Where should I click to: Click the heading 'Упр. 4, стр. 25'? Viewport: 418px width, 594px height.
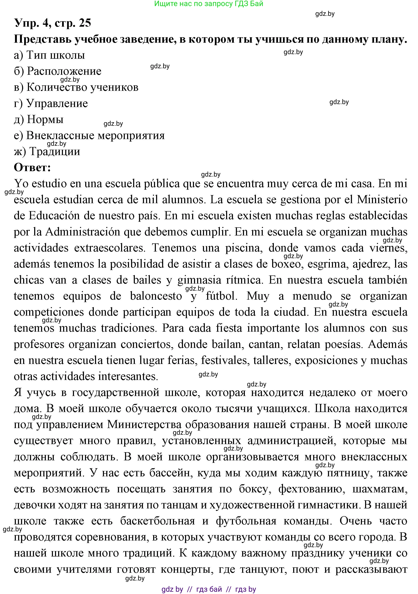(53, 23)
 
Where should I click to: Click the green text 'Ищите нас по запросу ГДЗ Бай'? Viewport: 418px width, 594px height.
(209, 4)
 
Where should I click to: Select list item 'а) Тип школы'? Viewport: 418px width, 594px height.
(49, 55)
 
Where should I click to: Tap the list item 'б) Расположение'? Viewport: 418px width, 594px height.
(58, 71)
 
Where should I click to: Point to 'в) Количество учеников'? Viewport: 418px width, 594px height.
(76, 87)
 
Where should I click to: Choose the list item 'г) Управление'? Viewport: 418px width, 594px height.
(51, 103)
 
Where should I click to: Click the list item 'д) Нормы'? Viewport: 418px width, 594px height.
(39, 119)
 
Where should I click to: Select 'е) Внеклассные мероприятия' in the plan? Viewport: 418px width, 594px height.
(89, 135)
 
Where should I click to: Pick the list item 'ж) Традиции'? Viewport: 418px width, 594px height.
(47, 151)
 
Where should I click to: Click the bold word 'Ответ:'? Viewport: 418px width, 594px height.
(32, 167)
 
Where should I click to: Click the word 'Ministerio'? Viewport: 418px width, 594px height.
(382, 200)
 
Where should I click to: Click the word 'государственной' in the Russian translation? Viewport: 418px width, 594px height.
(115, 392)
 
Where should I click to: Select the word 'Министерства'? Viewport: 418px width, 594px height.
(144, 425)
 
